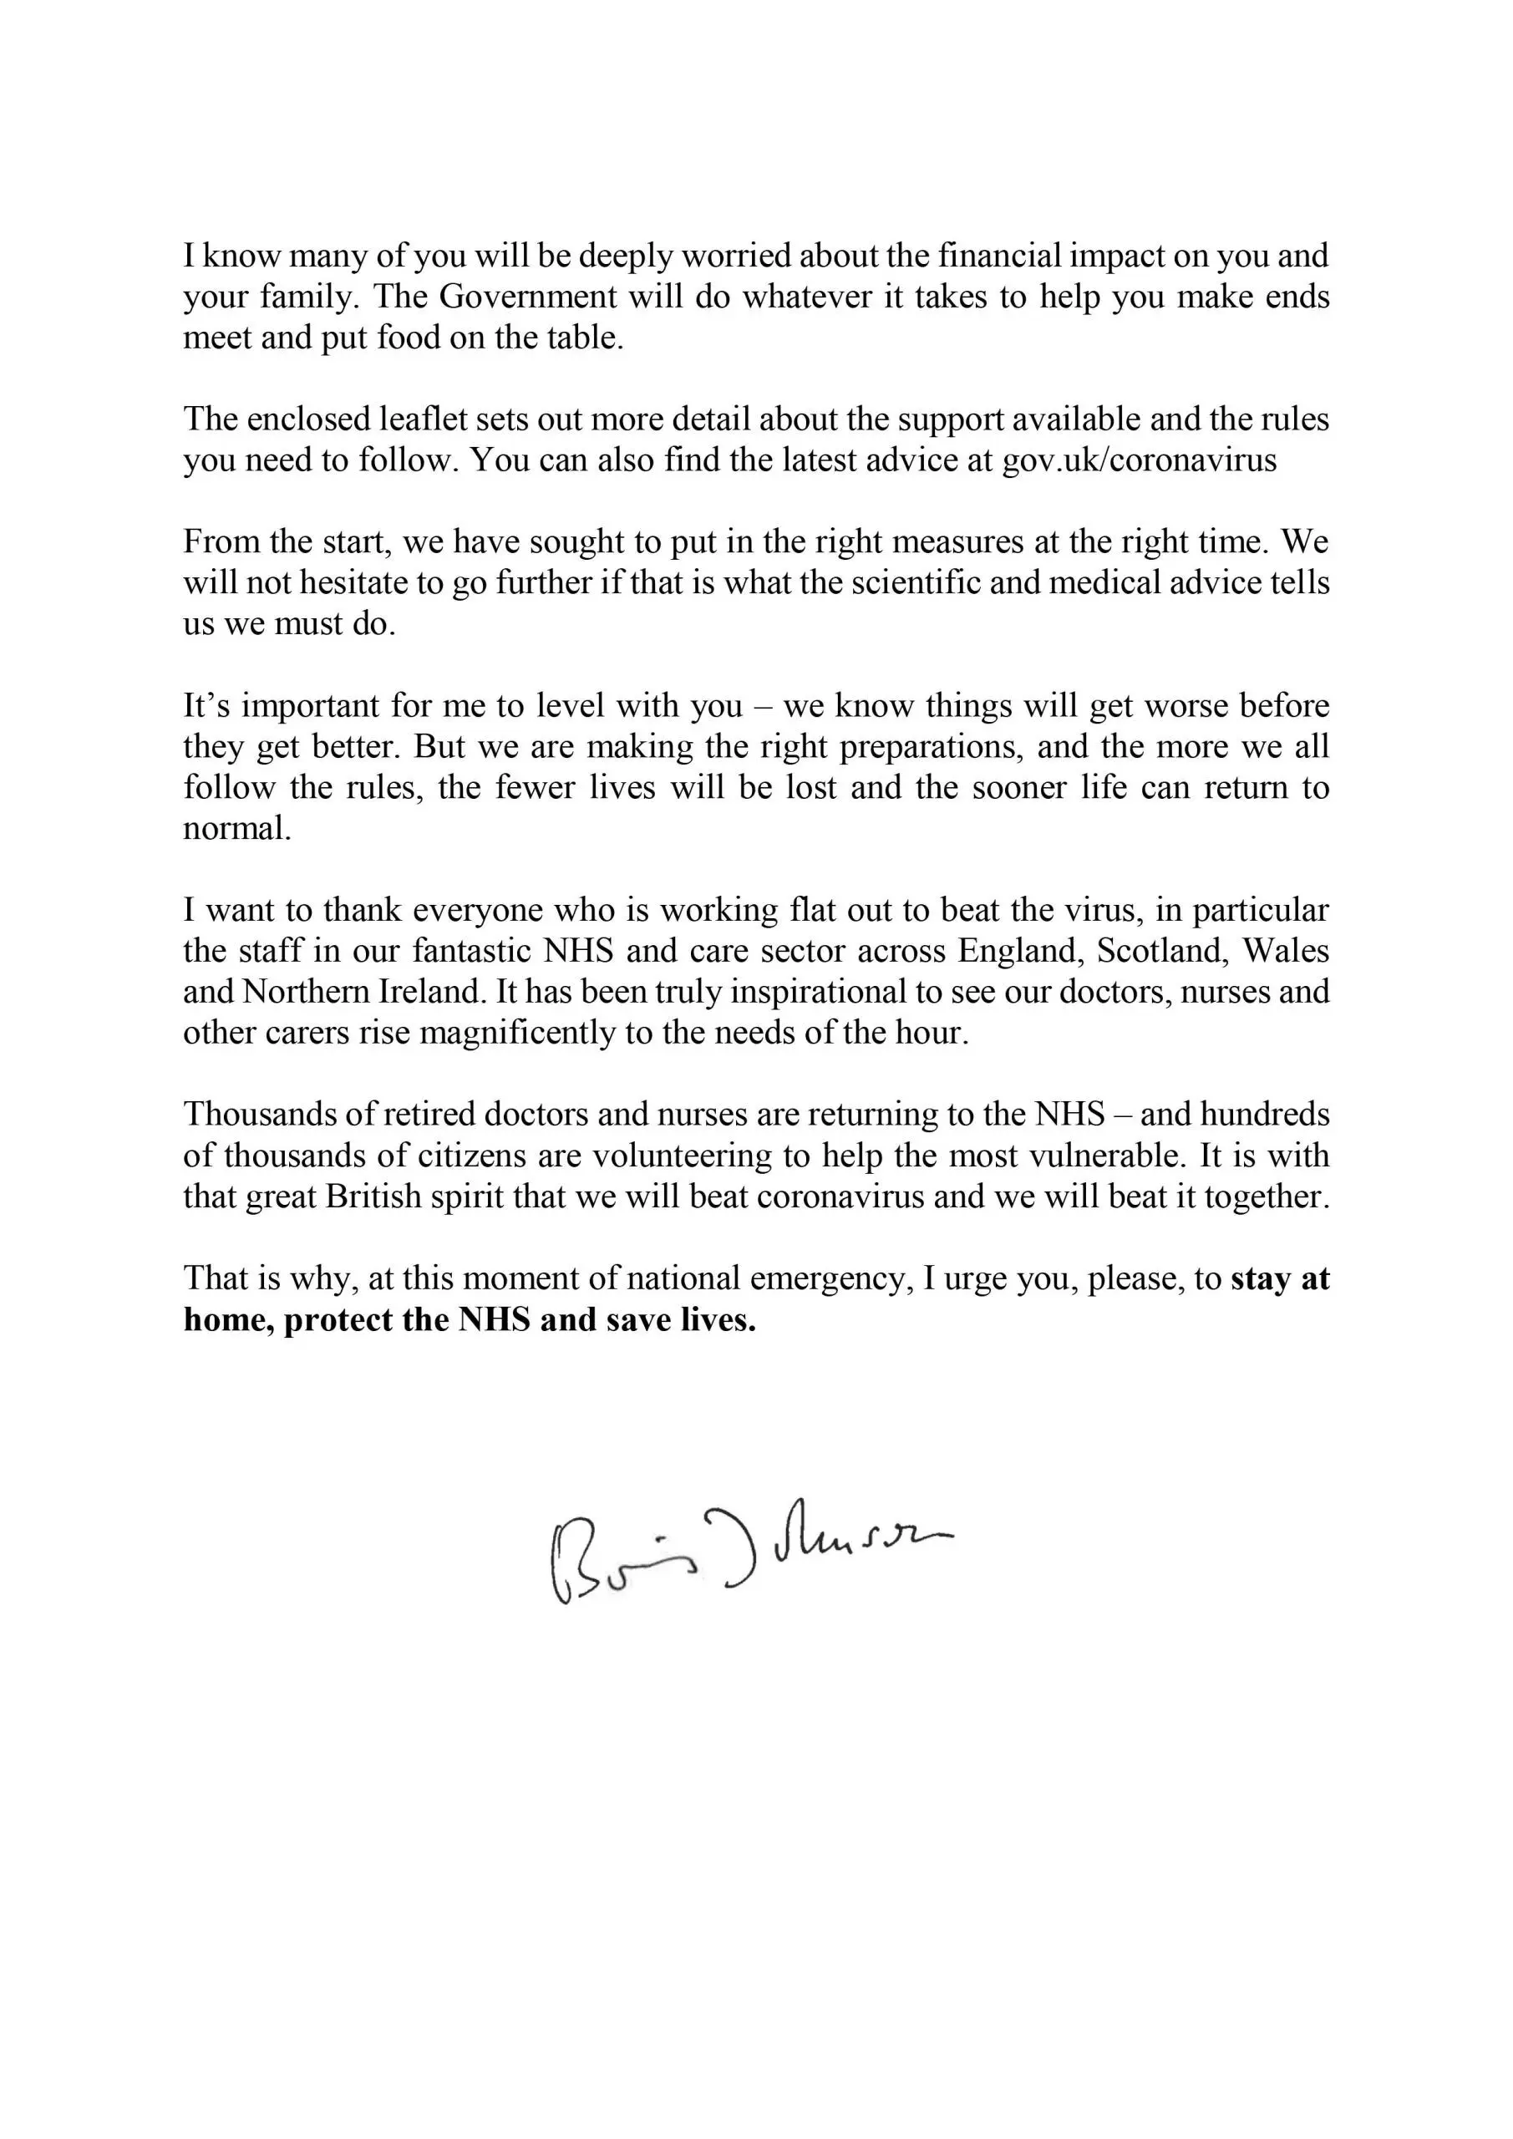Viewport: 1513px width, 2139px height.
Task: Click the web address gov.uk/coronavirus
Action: (1139, 461)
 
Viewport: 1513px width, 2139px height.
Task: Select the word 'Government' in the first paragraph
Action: (527, 297)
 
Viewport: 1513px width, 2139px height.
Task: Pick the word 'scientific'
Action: (956, 583)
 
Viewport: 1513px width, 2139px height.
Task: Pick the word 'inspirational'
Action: (817, 992)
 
